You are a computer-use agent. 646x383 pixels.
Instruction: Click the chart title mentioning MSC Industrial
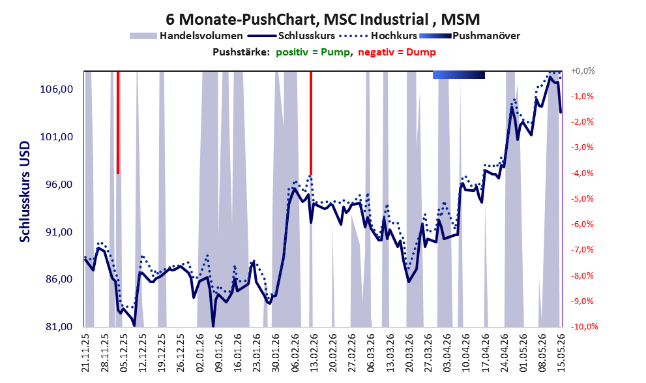coord(323,19)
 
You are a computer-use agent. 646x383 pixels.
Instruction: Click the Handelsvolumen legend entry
coord(186,36)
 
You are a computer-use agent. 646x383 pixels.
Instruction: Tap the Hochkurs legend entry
coord(378,36)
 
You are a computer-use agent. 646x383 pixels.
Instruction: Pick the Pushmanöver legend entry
coord(469,36)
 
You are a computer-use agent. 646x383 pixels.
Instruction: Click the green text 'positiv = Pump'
coord(313,52)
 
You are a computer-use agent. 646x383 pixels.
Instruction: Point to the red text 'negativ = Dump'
coord(397,52)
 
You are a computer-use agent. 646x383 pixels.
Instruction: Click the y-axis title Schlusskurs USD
coord(25,192)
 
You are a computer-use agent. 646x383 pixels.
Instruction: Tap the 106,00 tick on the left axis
coord(56,89)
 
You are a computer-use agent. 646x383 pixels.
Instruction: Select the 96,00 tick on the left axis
coord(56,184)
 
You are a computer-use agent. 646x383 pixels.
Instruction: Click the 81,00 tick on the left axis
coord(56,327)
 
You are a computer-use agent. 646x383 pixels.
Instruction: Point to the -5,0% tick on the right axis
coord(582,199)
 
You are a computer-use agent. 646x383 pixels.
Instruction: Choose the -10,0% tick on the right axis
coord(584,326)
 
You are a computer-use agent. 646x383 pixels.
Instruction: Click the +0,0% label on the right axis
coord(583,71)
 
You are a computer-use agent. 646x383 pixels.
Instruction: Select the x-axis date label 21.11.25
coord(85,353)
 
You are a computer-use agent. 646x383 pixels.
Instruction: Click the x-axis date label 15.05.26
coord(561,353)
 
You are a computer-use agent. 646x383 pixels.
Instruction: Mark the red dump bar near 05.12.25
coord(118,123)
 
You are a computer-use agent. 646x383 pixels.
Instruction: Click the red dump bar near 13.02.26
coord(311,123)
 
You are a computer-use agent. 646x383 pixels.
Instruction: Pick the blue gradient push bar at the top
coord(458,74)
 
